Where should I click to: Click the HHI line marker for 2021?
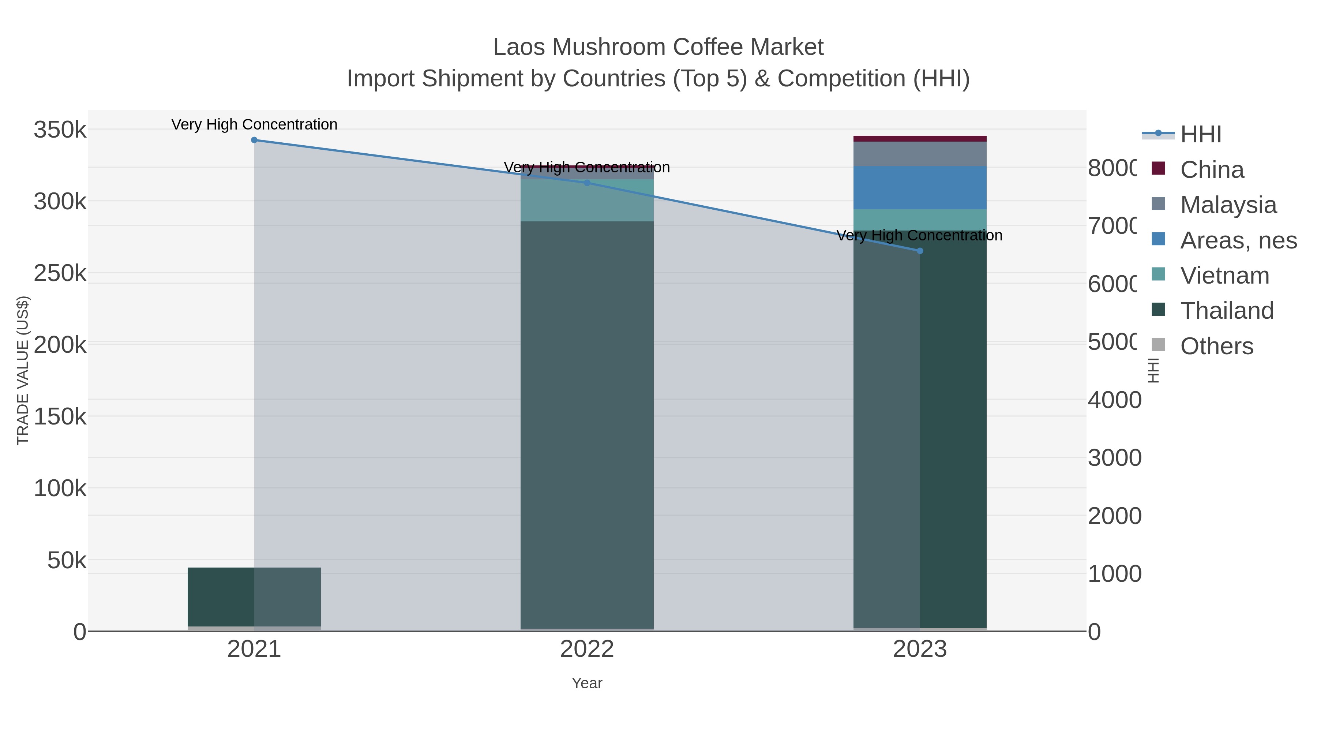tap(254, 140)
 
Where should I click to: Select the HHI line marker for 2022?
tap(587, 183)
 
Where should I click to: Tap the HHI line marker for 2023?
tap(920, 251)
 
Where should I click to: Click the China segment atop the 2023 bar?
tap(920, 139)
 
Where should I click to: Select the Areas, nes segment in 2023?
tap(920, 188)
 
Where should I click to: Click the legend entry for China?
tap(1211, 170)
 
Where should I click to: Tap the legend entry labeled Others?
tap(1216, 346)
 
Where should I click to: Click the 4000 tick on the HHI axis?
tap(1114, 400)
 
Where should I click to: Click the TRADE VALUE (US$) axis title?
tap(23, 370)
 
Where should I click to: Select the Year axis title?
tap(587, 683)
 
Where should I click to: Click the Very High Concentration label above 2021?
tap(254, 125)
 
